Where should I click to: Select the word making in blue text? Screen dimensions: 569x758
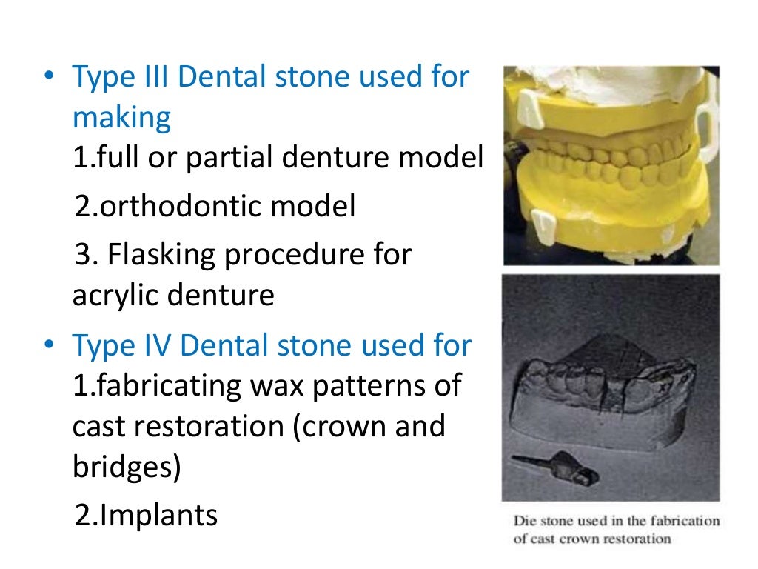point(121,119)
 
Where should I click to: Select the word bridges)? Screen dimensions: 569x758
point(126,469)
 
